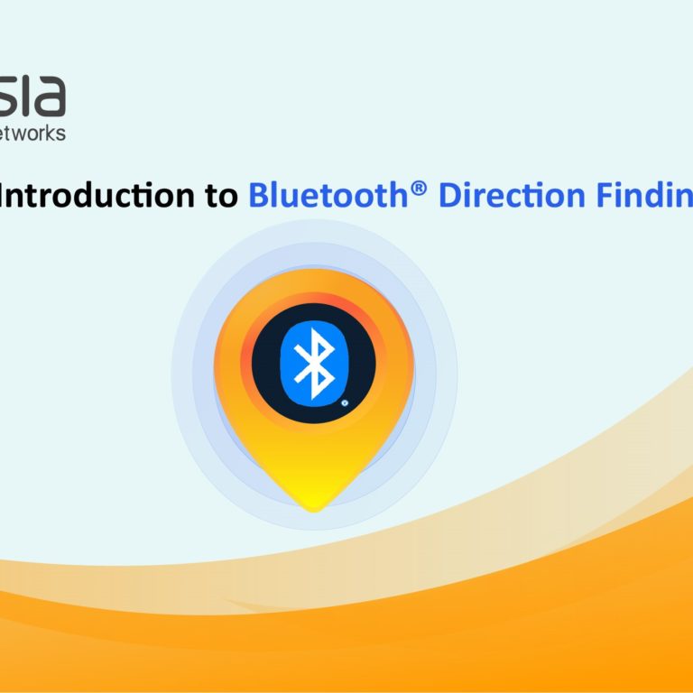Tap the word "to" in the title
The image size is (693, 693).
tap(219, 195)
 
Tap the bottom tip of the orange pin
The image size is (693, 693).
tap(313, 508)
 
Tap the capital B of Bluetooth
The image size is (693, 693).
tap(258, 195)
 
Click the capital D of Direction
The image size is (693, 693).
tap(448, 195)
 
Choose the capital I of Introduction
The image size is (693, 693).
tap(5, 195)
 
